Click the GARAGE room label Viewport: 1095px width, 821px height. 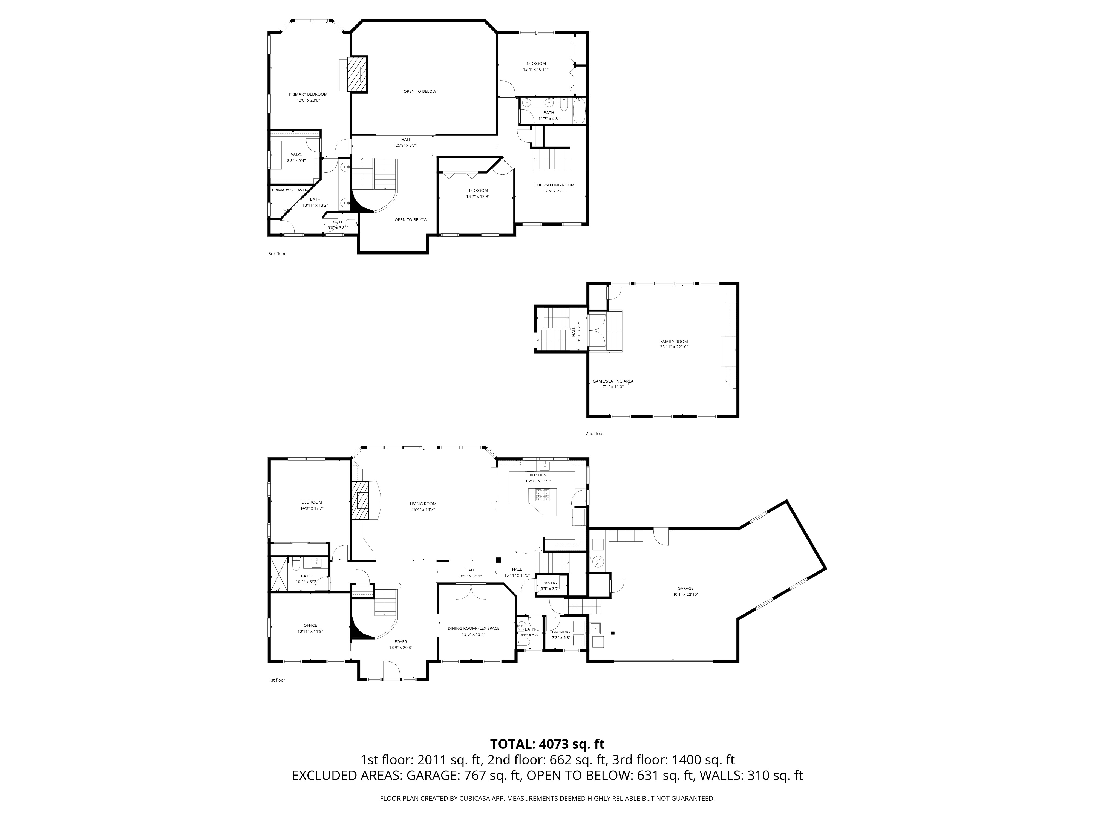[x=686, y=588]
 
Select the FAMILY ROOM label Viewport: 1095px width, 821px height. [x=674, y=342]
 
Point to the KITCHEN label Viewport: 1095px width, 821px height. [x=538, y=475]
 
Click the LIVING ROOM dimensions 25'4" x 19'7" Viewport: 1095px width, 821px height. [x=423, y=510]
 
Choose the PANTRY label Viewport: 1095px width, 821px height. [x=550, y=583]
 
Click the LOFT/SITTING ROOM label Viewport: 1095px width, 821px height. [x=554, y=185]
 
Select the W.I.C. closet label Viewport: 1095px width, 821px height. [x=296, y=155]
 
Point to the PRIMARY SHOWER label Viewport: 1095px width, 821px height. [x=290, y=190]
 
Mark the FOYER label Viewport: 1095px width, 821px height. [x=401, y=642]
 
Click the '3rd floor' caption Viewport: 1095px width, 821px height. [x=277, y=254]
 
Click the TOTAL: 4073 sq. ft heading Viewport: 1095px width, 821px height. [x=547, y=758]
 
